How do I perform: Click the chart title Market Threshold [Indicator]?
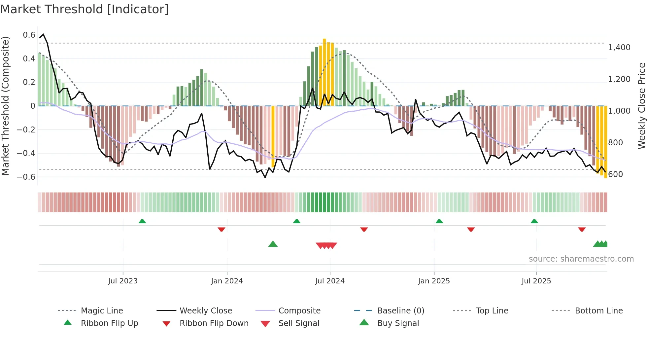[x=85, y=9]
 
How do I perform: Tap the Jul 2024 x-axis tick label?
[x=329, y=281]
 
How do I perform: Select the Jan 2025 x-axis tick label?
[x=433, y=281]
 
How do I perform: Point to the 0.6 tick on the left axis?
[x=29, y=35]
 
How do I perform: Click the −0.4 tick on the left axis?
[x=26, y=153]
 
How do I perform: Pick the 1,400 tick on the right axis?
[x=619, y=48]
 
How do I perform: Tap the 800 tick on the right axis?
[x=615, y=143]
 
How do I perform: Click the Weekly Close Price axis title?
[x=641, y=106]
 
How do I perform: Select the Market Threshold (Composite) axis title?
[x=5, y=106]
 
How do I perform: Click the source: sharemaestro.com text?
[x=581, y=259]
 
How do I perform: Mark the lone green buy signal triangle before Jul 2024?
[x=273, y=244]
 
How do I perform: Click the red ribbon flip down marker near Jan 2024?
[x=221, y=229]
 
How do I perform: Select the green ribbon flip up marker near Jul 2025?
[x=534, y=221]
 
